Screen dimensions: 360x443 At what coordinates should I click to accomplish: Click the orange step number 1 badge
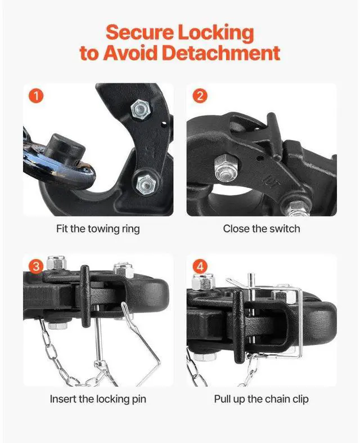(36, 96)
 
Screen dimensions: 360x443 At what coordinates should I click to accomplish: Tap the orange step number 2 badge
(200, 96)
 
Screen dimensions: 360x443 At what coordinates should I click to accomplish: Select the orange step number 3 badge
(36, 266)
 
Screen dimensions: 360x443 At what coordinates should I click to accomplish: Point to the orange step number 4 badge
(200, 266)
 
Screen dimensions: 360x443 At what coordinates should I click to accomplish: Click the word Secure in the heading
(139, 32)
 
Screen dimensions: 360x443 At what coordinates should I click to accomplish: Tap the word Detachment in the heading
(221, 52)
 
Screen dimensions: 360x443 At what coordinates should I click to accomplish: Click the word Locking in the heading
(215, 33)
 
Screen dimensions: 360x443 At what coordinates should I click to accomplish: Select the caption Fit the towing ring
(98, 229)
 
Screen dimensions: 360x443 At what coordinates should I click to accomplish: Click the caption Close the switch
(262, 229)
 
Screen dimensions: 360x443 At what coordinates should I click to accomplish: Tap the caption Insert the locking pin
(98, 399)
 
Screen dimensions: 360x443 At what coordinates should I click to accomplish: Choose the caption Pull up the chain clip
(262, 399)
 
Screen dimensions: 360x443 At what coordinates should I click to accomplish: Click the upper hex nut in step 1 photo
(140, 109)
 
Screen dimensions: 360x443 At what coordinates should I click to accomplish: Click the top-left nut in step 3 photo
(56, 263)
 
